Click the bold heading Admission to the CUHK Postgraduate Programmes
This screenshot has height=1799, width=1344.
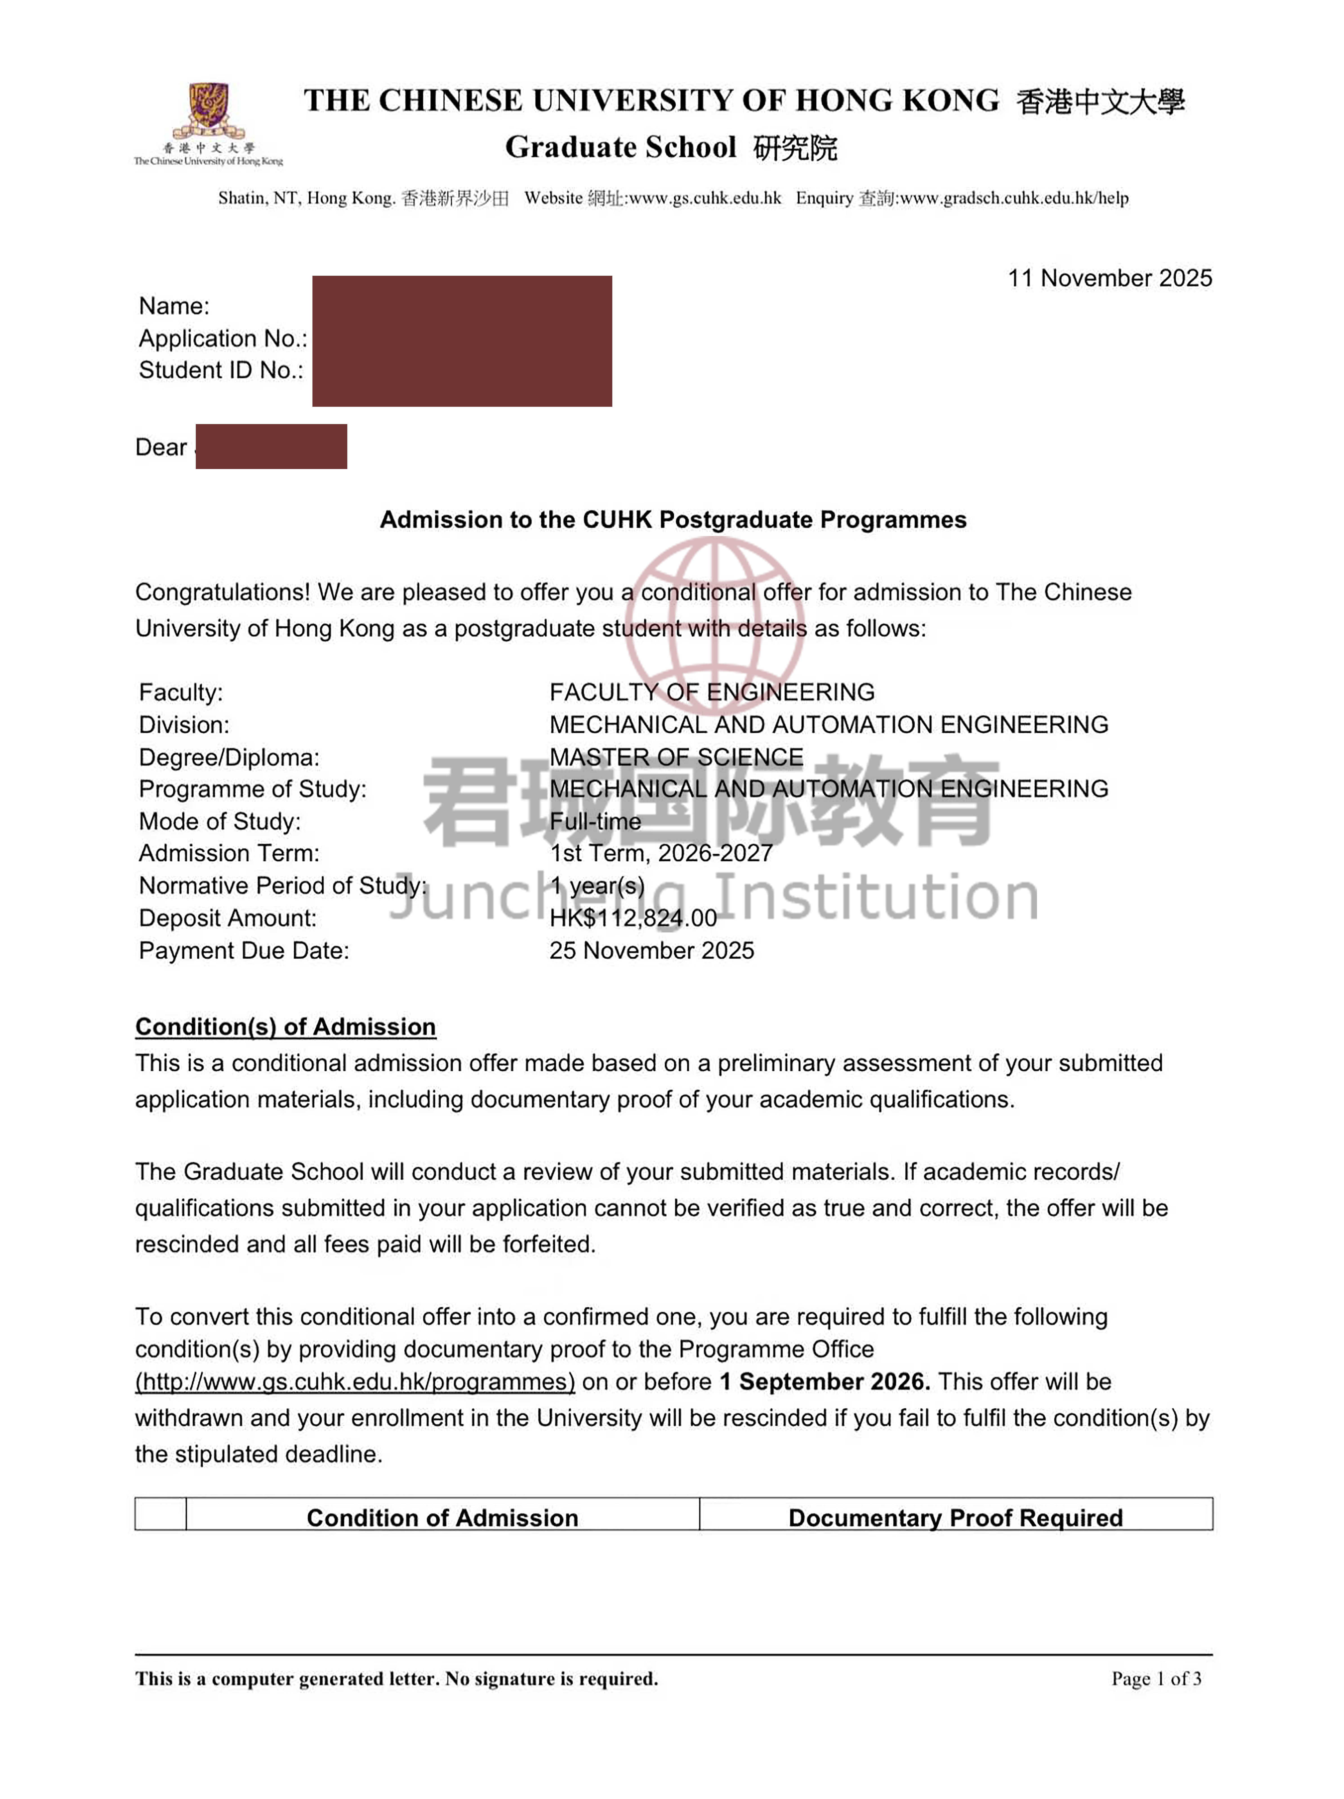(x=673, y=520)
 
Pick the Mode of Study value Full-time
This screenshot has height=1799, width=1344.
(x=595, y=821)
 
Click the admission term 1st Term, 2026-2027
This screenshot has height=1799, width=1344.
(x=661, y=853)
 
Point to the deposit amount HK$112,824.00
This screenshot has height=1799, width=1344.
(x=633, y=918)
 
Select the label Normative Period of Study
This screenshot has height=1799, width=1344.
(x=282, y=886)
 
